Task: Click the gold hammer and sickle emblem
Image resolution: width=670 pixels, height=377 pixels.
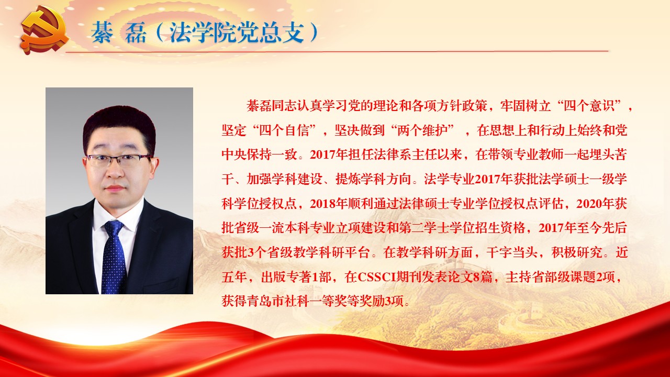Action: (x=45, y=32)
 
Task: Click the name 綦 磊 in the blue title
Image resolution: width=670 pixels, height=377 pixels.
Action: (x=119, y=32)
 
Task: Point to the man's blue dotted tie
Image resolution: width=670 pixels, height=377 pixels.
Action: (x=114, y=257)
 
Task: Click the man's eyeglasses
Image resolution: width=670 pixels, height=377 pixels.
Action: (x=119, y=160)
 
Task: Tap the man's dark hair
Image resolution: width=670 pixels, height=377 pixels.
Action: (x=119, y=126)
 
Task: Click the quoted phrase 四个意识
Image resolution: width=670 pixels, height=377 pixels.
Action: (x=589, y=106)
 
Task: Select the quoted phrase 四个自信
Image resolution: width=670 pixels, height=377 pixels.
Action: (x=284, y=130)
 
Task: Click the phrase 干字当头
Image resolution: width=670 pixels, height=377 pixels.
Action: (x=511, y=253)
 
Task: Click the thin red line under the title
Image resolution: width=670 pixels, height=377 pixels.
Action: (x=337, y=51)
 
